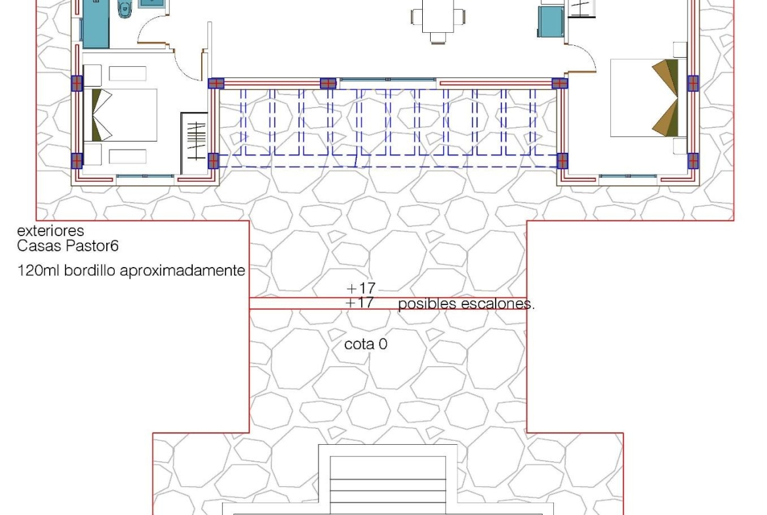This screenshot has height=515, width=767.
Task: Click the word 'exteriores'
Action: (x=50, y=230)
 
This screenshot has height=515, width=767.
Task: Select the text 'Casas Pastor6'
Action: (x=68, y=246)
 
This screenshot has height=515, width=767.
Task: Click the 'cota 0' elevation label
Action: (x=366, y=344)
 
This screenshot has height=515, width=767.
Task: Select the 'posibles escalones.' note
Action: (x=466, y=304)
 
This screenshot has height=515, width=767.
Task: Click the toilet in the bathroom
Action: (x=125, y=9)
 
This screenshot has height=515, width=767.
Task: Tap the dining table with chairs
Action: (x=438, y=20)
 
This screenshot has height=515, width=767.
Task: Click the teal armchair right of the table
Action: (x=551, y=22)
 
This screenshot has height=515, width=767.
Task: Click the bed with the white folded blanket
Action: (x=121, y=115)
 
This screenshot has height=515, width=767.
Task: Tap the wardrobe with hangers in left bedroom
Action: (x=195, y=142)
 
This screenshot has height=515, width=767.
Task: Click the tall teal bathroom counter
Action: (x=96, y=24)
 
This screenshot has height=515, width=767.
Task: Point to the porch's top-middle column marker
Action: (x=328, y=83)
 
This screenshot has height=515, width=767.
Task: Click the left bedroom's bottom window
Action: (x=145, y=176)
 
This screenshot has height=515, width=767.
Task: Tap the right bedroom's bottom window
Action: (x=628, y=176)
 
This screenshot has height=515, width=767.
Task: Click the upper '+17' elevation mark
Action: (x=361, y=288)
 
